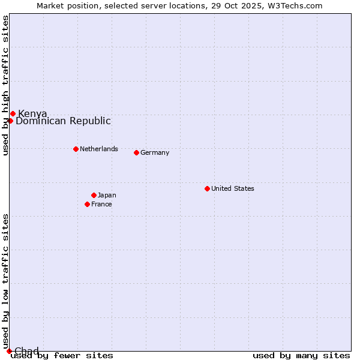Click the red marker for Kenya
pos(13,113)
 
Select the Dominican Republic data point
pos(10,121)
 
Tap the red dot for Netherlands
pos(76,149)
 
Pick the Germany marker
pos(136,152)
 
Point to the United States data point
pos(207,188)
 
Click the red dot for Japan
pos(94,195)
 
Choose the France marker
pos(87,204)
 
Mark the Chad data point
pos(9,351)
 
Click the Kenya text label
pos(32,114)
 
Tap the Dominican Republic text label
pos(63,121)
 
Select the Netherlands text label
pos(99,149)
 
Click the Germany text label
pos(155,152)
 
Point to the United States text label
pos(233,188)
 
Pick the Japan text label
pos(107,195)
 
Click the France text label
pos(101,204)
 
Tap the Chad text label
pos(26,351)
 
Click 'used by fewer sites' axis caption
pos(62,356)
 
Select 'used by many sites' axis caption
pos(301,356)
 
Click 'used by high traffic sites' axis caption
pos(5,85)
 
